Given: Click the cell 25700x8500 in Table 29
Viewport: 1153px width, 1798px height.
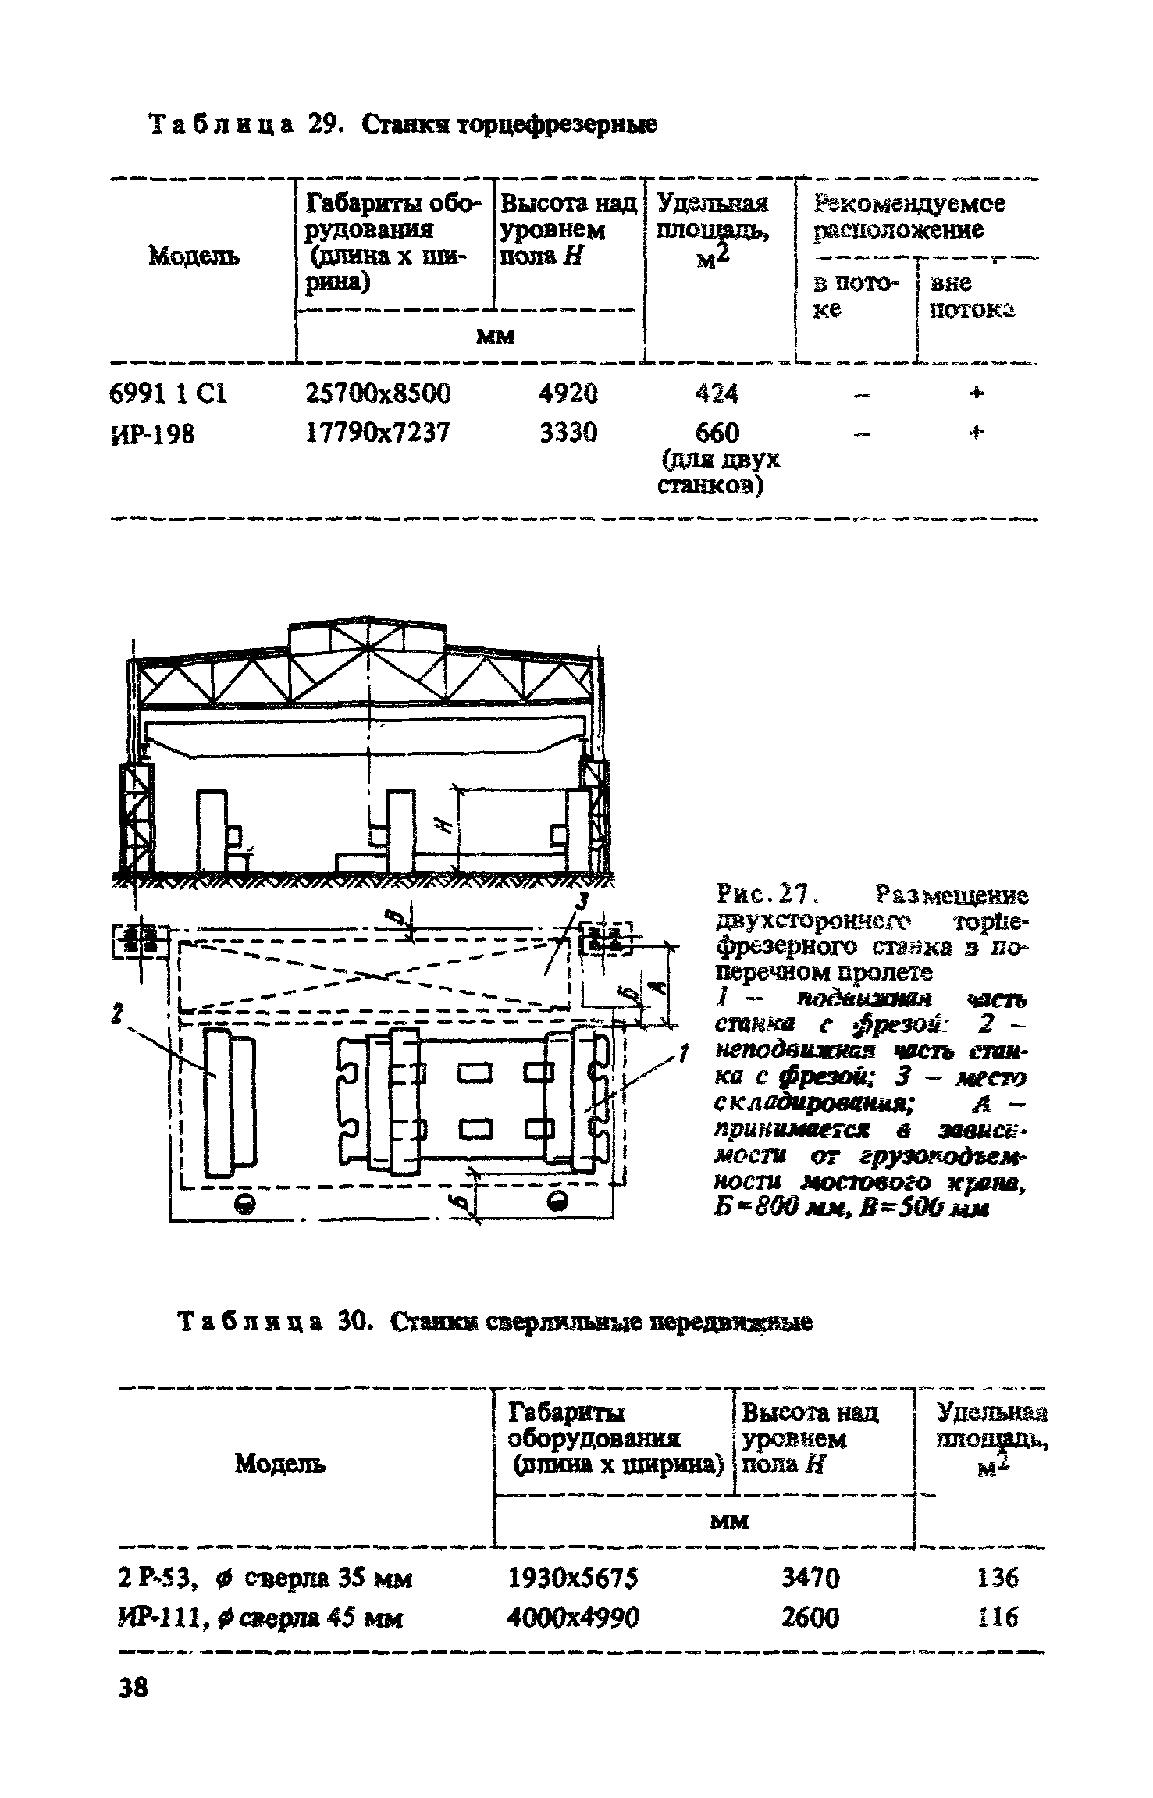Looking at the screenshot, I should click(378, 393).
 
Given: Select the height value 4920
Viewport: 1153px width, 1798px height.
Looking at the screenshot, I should click(568, 393).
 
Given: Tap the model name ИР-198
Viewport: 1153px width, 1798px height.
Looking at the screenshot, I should click(153, 433).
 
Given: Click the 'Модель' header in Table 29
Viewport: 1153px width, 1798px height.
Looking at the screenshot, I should click(194, 255).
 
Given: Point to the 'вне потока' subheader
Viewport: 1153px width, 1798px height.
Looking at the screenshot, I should click(969, 296).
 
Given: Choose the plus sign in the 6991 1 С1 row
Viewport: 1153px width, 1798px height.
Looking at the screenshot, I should click(976, 393).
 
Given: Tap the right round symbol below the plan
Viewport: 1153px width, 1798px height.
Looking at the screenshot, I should click(558, 1202).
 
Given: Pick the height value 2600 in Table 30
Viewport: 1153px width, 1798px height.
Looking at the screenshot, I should click(810, 1618).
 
